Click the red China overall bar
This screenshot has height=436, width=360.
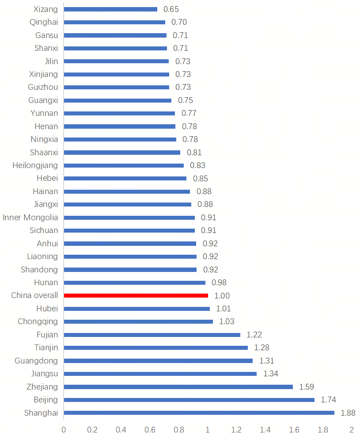136,295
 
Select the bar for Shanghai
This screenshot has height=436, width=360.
199,413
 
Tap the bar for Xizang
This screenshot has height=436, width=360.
110,9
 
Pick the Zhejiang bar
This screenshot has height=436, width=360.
178,387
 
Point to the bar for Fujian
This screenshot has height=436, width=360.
152,335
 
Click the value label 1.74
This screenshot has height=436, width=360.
328,400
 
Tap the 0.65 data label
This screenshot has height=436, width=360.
171,9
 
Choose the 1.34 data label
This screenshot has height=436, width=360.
271,374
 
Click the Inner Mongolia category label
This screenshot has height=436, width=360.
30,218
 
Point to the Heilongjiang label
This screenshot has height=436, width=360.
35,165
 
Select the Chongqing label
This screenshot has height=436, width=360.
38,321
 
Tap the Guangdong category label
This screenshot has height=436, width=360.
36,361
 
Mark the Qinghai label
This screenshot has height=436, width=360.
44,22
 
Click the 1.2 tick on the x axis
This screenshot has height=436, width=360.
236,429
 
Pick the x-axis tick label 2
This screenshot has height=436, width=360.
352,429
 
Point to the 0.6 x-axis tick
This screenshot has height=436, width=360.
150,429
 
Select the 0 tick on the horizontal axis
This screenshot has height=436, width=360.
64,429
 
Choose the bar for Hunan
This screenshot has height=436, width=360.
135,283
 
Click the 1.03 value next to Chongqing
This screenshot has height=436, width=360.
227,321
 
